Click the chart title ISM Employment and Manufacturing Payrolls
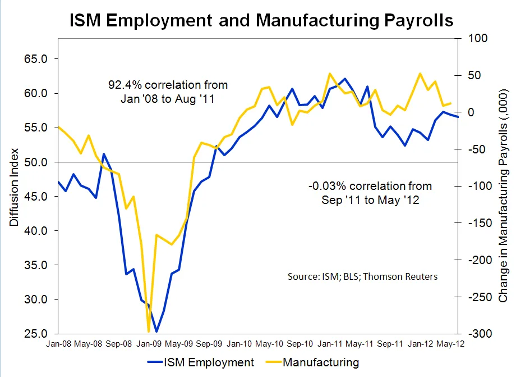(261, 21)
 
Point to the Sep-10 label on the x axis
(300, 343)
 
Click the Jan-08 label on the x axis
(58, 343)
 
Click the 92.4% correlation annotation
(168, 92)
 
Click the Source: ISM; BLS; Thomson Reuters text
(362, 276)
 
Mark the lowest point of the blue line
(156, 331)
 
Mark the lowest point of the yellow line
(149, 331)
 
